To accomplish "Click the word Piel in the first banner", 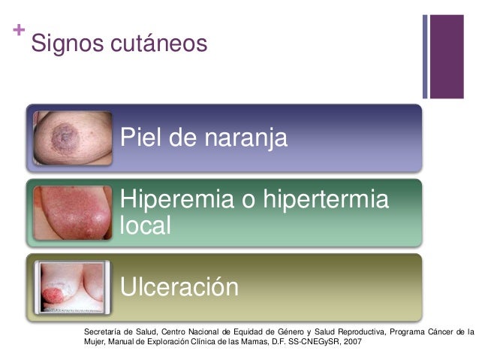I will click(143, 138).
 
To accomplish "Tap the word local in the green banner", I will click(145, 225).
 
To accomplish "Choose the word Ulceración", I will click(179, 287).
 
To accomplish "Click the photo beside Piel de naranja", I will click(72, 138).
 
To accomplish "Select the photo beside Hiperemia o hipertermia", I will click(72, 213).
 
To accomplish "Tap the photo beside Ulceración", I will click(72, 286).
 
